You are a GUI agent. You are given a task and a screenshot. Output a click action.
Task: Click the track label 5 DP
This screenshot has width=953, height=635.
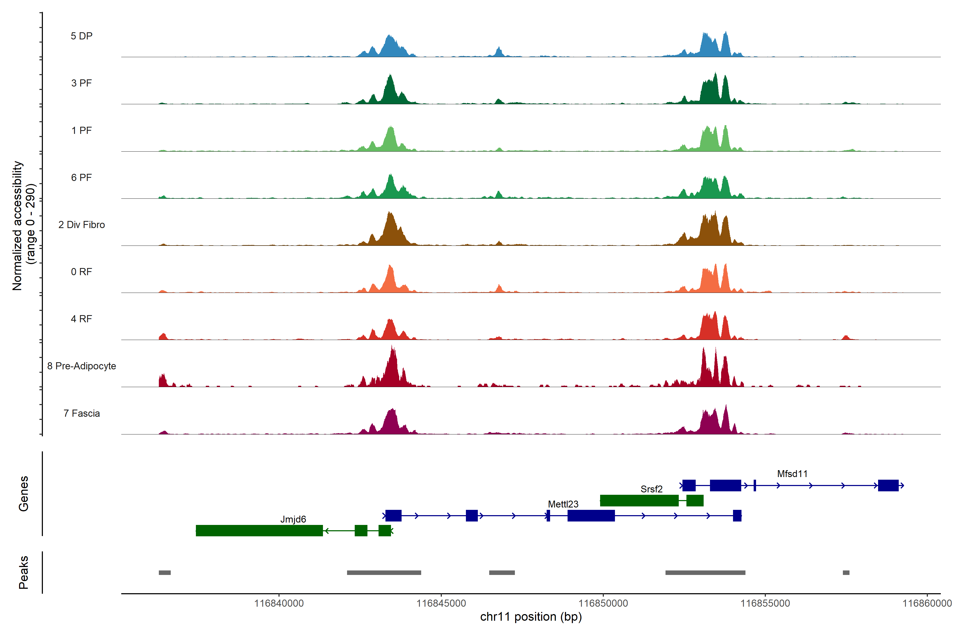[x=82, y=36]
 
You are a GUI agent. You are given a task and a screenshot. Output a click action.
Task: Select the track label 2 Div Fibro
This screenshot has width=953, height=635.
[x=82, y=225]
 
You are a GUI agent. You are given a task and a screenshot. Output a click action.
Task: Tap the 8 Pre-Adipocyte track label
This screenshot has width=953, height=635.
[x=82, y=366]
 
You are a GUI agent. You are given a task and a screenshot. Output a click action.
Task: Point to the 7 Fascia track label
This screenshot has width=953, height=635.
[x=82, y=414]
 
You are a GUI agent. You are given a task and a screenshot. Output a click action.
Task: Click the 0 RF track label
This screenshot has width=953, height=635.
[x=82, y=272]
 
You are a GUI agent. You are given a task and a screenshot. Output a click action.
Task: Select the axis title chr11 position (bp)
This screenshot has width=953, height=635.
[x=531, y=617]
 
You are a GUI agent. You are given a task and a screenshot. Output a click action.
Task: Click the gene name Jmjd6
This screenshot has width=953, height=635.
[x=293, y=519]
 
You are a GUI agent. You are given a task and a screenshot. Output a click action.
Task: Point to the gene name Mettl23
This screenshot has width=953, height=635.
[x=563, y=504]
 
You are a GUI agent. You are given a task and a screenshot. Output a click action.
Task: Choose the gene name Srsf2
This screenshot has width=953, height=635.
[x=651, y=489]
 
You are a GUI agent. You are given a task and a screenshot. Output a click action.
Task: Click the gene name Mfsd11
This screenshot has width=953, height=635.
[x=792, y=474]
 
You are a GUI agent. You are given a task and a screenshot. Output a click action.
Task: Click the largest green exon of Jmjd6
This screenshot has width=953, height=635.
[x=259, y=530]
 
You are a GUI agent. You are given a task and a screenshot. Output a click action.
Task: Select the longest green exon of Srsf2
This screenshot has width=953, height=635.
[x=639, y=501]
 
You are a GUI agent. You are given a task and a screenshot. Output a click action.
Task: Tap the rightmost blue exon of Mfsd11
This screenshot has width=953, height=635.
[x=888, y=485]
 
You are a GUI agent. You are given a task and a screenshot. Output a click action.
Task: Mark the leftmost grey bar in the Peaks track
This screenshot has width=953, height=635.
[x=164, y=573]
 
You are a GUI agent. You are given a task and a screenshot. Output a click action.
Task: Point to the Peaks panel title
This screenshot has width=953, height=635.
[x=24, y=572]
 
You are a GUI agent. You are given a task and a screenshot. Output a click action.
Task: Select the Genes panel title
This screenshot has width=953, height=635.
[x=24, y=494]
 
